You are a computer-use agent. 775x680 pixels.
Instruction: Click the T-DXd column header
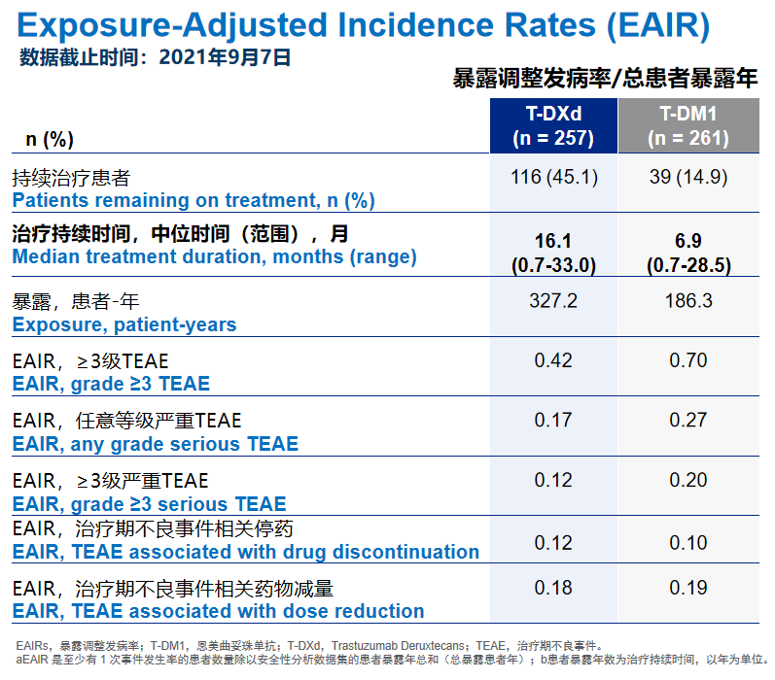pos(552,125)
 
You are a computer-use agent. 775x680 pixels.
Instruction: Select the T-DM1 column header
pos(688,125)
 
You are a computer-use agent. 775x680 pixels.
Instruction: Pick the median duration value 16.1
pos(553,241)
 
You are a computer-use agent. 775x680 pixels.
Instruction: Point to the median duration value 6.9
pos(688,241)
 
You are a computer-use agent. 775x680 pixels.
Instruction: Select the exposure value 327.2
pos(553,301)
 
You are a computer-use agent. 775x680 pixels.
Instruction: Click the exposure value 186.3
pos(688,301)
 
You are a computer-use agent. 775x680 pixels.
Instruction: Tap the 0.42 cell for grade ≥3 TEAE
pos(553,361)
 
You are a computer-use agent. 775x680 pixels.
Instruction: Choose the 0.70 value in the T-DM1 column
pos(688,361)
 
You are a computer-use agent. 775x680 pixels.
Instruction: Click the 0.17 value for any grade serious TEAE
pos(553,421)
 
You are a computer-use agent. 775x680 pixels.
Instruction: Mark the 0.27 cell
pos(688,421)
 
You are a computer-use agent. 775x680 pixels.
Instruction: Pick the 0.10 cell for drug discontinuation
pos(688,541)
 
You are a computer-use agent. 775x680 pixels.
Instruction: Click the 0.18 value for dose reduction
pos(553,589)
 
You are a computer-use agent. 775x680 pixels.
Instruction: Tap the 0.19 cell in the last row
pos(688,589)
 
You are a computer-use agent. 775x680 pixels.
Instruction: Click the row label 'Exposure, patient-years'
pos(123,324)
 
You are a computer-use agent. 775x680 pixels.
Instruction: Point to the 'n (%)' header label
pos(50,140)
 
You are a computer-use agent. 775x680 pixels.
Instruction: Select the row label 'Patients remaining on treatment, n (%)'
pos(193,201)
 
